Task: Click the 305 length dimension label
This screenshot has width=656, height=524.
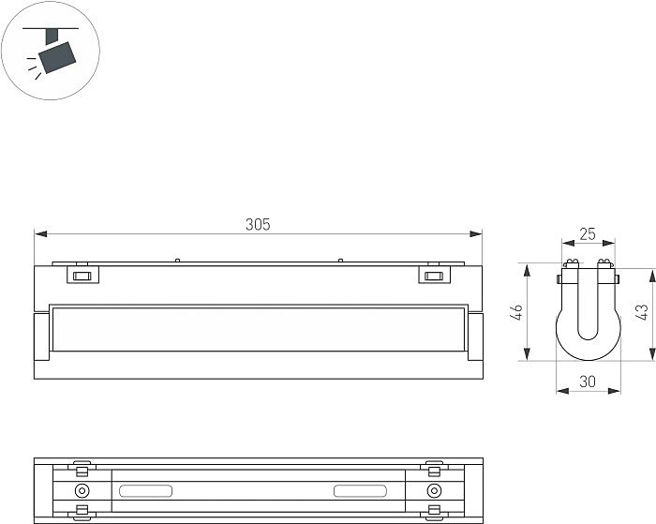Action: (258, 225)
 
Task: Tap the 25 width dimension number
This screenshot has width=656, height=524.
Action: (588, 234)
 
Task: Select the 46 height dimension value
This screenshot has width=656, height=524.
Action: (517, 312)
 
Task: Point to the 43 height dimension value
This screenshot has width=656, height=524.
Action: (641, 312)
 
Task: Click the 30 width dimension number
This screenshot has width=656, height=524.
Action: (588, 382)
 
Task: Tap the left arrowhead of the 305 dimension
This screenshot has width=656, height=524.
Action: (40, 234)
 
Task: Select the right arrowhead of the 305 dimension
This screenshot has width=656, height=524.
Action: (476, 234)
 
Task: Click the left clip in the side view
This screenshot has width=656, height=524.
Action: (82, 274)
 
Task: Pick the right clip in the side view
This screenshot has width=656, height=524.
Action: (435, 274)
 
